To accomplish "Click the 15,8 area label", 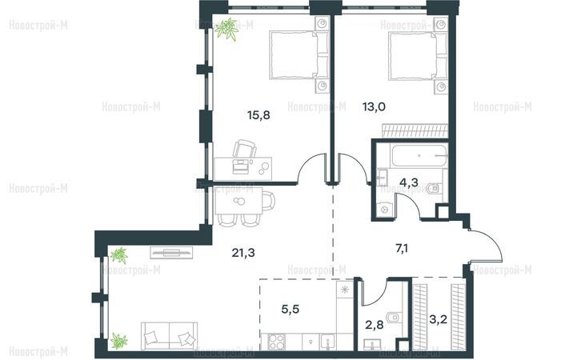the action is (x=258, y=115).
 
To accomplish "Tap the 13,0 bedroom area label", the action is (x=374, y=106).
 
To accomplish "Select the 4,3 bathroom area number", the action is (x=409, y=182).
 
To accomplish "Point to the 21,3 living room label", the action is (x=243, y=253).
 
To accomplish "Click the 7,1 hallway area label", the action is (x=402, y=248).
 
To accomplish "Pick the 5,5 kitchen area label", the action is (x=291, y=309).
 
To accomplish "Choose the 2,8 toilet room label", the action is (x=374, y=325).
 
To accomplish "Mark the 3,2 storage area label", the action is (x=438, y=319).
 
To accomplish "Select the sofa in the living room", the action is (x=169, y=336).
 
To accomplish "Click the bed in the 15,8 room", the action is (x=299, y=54).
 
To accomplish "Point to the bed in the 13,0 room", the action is (x=418, y=55).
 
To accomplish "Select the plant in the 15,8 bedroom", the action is (x=227, y=30).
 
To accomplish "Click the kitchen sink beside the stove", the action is (x=327, y=342).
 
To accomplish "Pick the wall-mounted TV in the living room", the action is (x=171, y=252).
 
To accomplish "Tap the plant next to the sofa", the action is (x=118, y=341).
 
